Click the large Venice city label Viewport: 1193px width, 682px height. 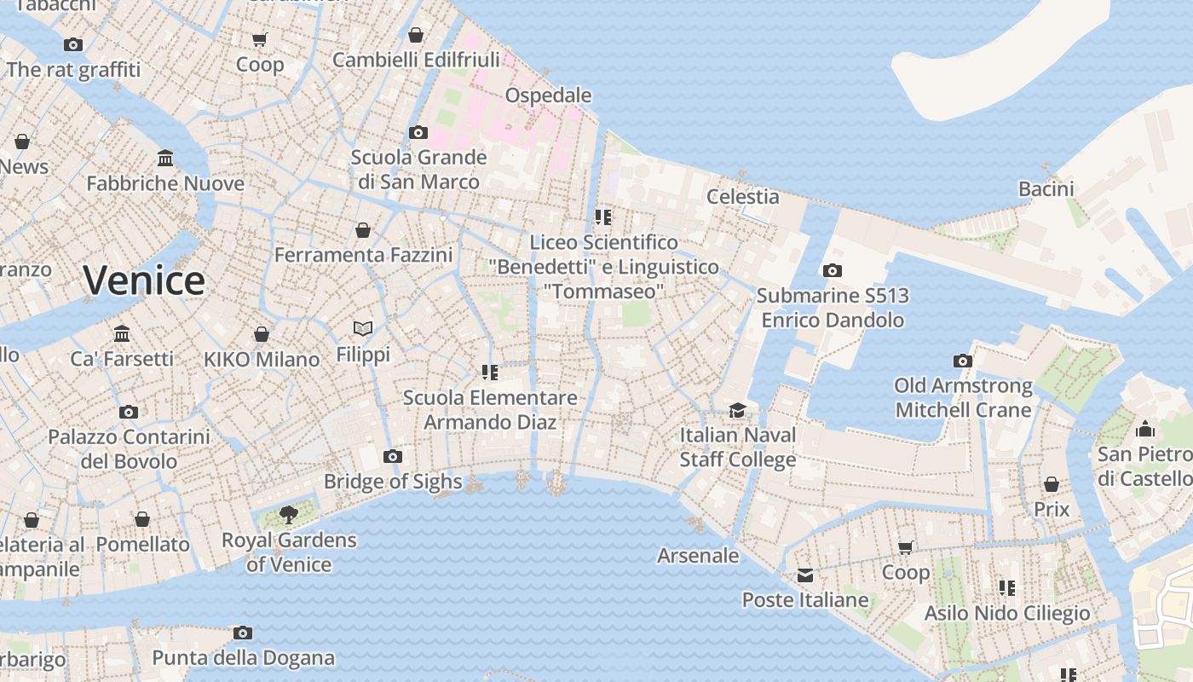point(144,280)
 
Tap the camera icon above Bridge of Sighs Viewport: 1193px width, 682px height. point(393,456)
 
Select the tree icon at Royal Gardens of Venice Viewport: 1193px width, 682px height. point(289,514)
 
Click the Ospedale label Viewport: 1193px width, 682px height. point(548,95)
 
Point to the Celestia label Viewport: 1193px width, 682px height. point(743,197)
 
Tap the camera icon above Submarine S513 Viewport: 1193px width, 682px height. point(833,270)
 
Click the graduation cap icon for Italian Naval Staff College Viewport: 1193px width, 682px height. point(737,410)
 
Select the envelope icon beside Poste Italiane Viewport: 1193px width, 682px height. point(805,575)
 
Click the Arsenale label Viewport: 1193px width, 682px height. point(698,556)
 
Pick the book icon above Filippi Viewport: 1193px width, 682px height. point(363,328)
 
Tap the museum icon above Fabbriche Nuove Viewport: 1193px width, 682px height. point(165,159)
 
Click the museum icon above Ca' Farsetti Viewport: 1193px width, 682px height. point(122,333)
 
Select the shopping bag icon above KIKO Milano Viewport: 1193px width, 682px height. point(262,334)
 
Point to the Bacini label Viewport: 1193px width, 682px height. point(1046,189)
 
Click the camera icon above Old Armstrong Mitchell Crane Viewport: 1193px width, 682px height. point(963,361)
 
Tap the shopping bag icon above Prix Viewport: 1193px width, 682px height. point(1052,484)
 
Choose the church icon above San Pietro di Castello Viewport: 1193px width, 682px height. point(1144,428)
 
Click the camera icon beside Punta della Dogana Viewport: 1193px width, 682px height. point(243,633)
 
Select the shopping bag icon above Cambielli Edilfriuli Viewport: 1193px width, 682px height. point(415,35)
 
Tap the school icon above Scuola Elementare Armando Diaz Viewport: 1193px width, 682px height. point(489,372)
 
